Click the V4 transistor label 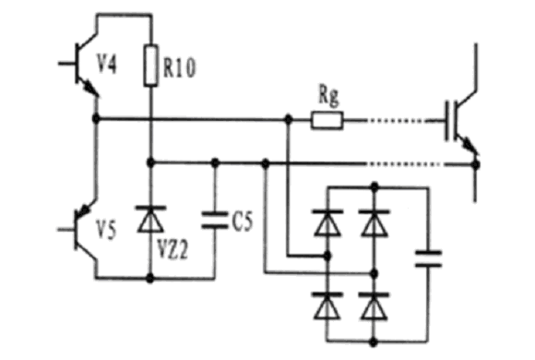pyautogui.click(x=107, y=64)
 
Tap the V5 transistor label pyautogui.click(x=106, y=229)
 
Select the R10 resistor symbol pyautogui.click(x=150, y=65)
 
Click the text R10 pyautogui.click(x=179, y=67)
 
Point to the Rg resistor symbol pyautogui.click(x=327, y=121)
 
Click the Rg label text pyautogui.click(x=329, y=95)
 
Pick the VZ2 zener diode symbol pyautogui.click(x=150, y=220)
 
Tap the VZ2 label pyautogui.click(x=172, y=249)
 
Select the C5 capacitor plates pyautogui.click(x=214, y=220)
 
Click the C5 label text pyautogui.click(x=243, y=222)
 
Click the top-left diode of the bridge pyautogui.click(x=327, y=223)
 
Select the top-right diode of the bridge pyautogui.click(x=374, y=223)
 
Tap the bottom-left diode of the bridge pyautogui.click(x=327, y=306)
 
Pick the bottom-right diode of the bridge pyautogui.click(x=374, y=306)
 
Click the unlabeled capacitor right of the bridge pyautogui.click(x=429, y=258)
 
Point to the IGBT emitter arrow pyautogui.click(x=470, y=145)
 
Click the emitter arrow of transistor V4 pyautogui.click(x=90, y=88)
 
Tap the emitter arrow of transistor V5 pyautogui.click(x=84, y=210)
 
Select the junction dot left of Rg pyautogui.click(x=289, y=119)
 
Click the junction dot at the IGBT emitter pyautogui.click(x=475, y=164)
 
